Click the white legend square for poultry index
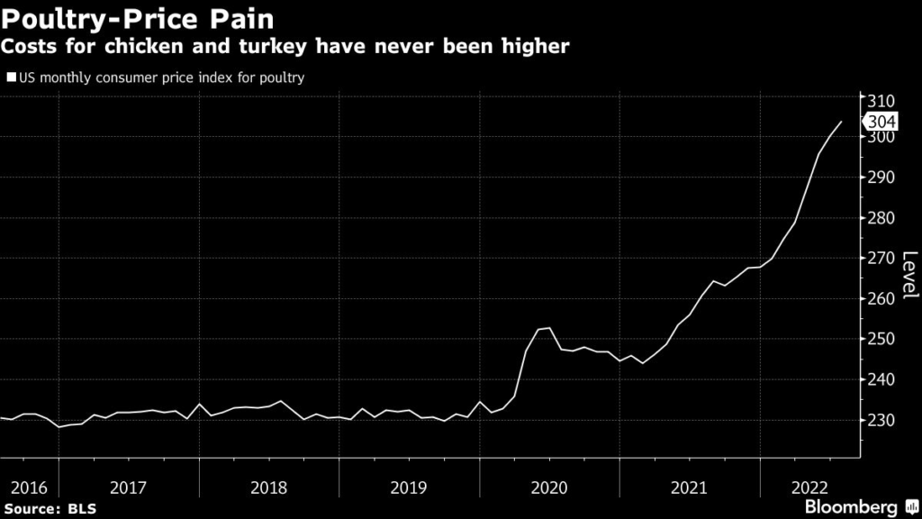tap(10, 77)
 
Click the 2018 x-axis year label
tap(269, 487)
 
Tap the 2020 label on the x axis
tap(549, 487)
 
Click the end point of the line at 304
tap(841, 122)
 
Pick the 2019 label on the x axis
tap(410, 487)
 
